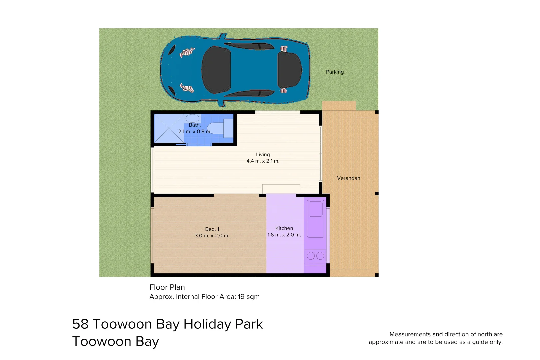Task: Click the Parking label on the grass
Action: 335,72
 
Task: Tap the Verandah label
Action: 348,178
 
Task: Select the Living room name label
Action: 263,155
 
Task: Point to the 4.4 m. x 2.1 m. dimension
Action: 263,161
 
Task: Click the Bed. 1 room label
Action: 212,229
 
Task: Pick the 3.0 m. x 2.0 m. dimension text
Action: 212,236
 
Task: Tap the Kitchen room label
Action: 284,228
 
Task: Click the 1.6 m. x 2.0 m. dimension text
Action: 284,235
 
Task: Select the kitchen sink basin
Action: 315,209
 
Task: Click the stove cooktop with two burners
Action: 315,256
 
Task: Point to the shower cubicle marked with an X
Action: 169,128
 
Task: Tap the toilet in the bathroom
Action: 217,128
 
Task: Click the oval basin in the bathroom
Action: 192,118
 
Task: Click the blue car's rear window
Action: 289,70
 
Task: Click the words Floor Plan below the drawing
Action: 167,287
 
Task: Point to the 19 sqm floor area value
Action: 248,297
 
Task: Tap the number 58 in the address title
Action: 80,324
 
